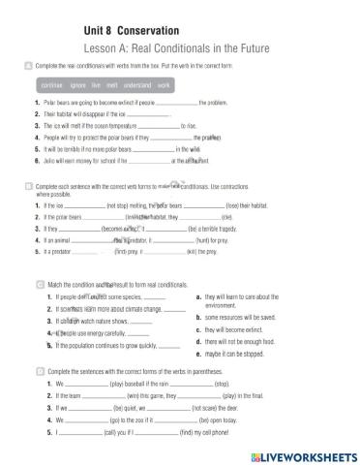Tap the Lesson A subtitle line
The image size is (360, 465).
(x=175, y=47)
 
